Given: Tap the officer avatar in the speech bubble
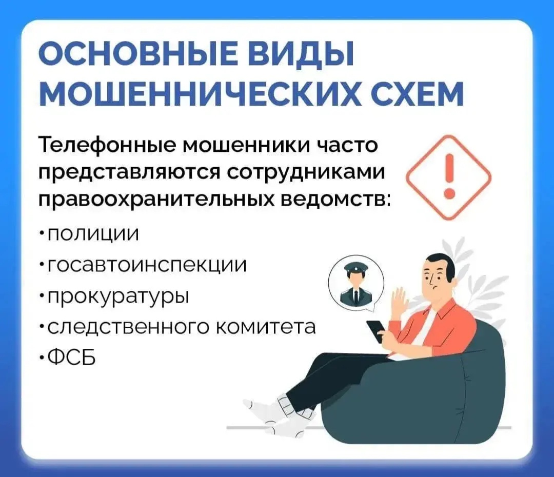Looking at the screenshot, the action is pos(356,286).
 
